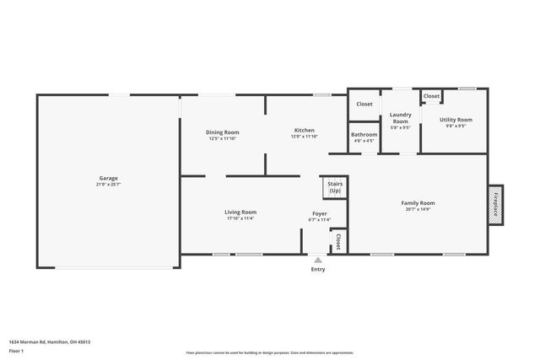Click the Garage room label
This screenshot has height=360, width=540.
[x=108, y=178]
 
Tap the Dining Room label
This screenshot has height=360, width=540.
[x=223, y=132]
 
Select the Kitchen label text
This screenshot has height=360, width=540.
[x=304, y=130]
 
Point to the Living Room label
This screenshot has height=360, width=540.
[x=240, y=212]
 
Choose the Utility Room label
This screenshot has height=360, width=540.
[x=456, y=120]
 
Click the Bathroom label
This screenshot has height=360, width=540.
[x=364, y=134]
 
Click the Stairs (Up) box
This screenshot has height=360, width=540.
[x=335, y=188]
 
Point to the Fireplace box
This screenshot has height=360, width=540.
[x=495, y=203]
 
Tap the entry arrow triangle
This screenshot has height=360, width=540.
[x=317, y=261]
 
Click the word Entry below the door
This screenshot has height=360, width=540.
[x=317, y=270]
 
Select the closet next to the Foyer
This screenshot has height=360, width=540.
[x=337, y=241]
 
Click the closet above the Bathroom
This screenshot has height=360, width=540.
[x=364, y=104]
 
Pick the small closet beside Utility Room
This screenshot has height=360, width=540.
[x=431, y=97]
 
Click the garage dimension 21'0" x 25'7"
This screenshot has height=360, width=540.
[x=108, y=185]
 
